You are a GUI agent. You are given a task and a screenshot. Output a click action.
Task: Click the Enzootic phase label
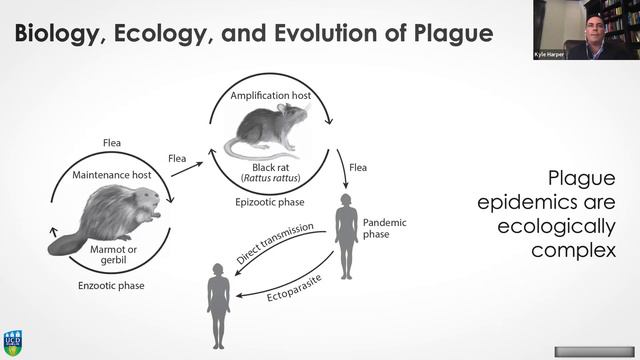tap(110, 286)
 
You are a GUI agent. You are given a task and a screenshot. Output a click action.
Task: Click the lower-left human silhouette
tap(219, 300)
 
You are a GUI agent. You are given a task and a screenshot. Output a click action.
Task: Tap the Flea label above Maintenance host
tap(111, 143)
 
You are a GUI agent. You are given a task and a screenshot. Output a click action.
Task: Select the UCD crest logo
tap(12, 342)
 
